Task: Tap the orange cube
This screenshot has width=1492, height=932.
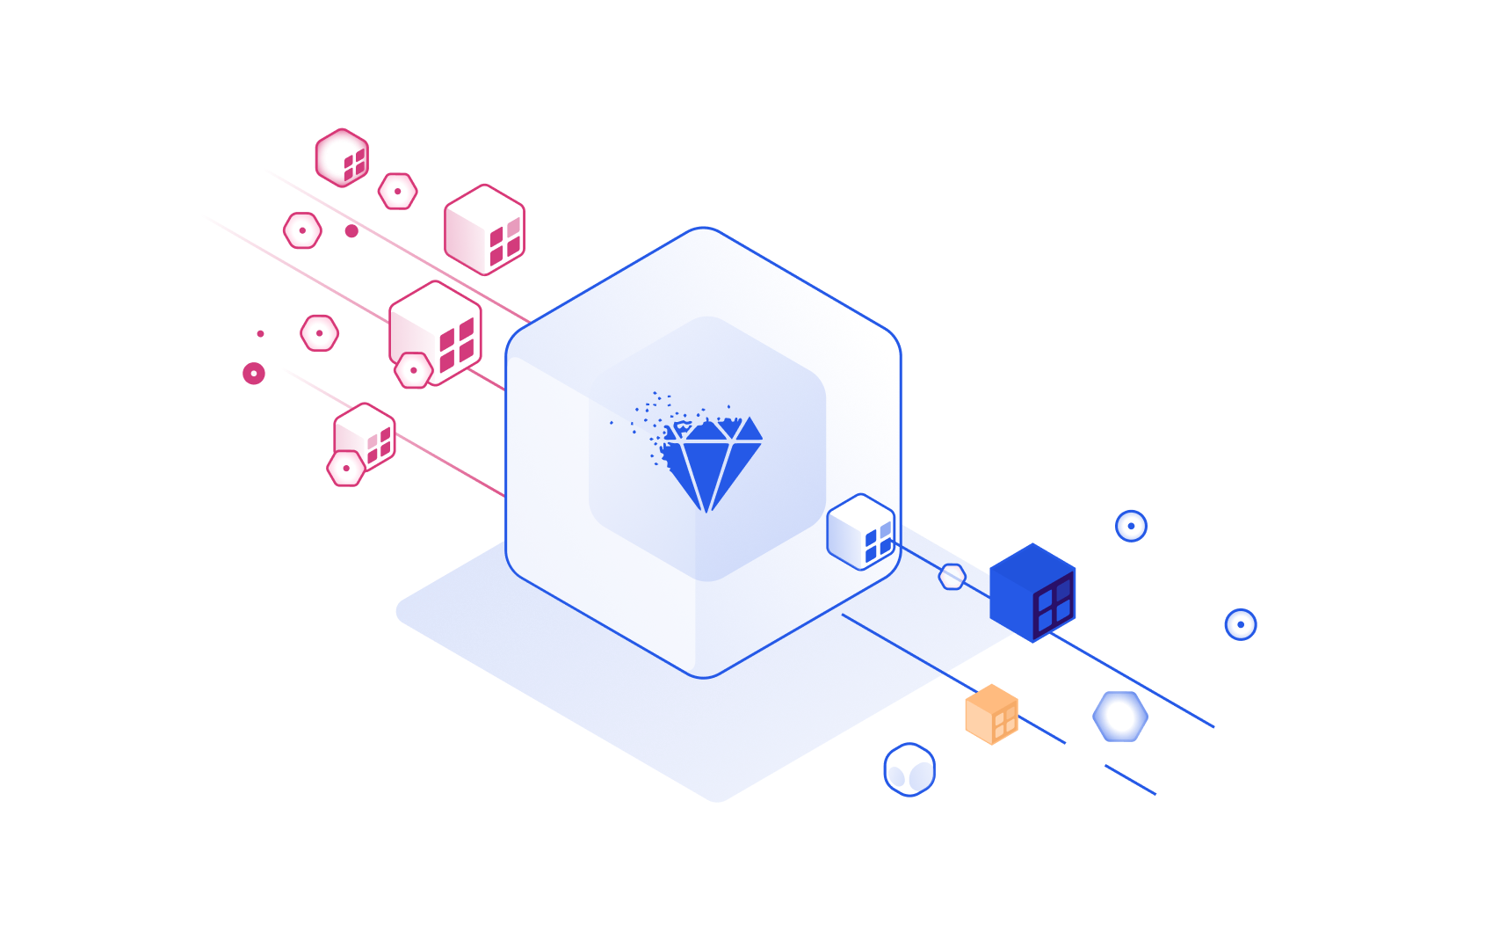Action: tap(991, 714)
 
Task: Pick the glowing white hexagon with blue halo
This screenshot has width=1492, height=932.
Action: tap(1120, 717)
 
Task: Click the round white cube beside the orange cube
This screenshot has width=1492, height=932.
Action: tap(909, 769)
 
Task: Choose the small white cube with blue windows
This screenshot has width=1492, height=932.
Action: tap(860, 531)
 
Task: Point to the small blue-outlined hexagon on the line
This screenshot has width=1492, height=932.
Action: tap(952, 577)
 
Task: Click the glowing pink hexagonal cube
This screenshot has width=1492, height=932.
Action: tap(342, 157)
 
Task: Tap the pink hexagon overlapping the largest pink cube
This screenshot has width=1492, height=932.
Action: tap(413, 370)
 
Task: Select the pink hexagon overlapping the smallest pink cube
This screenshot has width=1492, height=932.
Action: tap(346, 468)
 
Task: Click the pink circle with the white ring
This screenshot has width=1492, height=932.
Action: tap(254, 373)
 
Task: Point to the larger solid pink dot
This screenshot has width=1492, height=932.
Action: tap(351, 230)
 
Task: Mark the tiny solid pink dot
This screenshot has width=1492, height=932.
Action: tap(260, 333)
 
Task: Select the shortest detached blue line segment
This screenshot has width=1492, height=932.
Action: tap(1130, 780)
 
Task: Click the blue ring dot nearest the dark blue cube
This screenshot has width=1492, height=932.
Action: tap(1131, 526)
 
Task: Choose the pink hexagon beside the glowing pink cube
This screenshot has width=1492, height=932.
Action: tap(398, 191)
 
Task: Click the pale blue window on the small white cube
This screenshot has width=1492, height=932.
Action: tap(885, 529)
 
